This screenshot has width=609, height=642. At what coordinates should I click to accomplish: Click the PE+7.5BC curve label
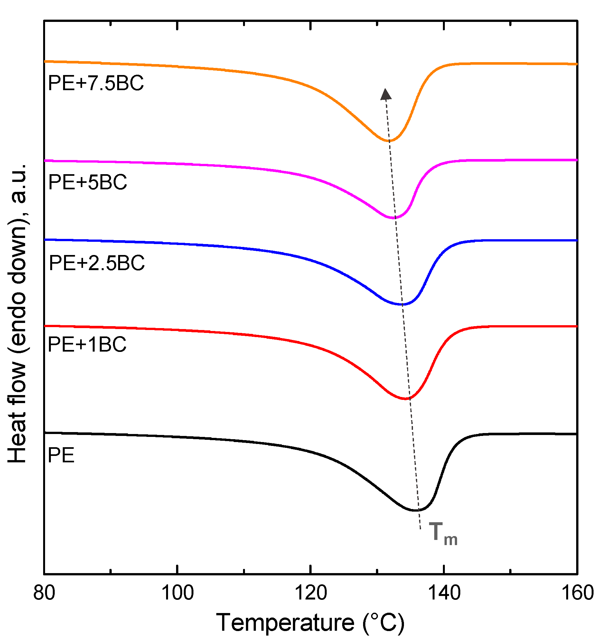coord(96,83)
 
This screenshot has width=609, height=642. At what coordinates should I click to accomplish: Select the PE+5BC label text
coord(88,182)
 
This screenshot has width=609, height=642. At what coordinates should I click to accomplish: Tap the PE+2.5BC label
coord(97,263)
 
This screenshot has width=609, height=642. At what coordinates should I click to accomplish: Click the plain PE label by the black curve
coord(61,455)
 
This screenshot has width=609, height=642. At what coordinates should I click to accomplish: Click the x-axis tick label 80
coord(44,593)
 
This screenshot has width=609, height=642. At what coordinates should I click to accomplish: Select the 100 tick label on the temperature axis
coord(177,593)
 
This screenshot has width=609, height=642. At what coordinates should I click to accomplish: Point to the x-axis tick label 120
coord(311,593)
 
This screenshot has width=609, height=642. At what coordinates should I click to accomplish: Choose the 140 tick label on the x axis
coord(444,593)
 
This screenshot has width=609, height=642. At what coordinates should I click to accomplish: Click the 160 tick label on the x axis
coord(577,593)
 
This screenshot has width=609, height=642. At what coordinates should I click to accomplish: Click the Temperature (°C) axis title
coord(311,622)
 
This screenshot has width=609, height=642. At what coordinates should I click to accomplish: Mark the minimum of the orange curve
coord(389,141)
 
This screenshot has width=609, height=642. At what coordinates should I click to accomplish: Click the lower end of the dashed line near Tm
coord(420,529)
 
